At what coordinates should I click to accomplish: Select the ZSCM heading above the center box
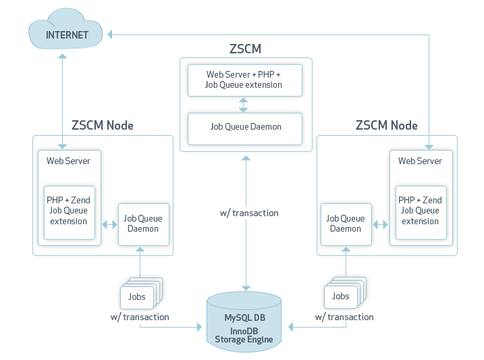(x=245, y=49)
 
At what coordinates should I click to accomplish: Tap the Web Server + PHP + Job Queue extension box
(x=244, y=80)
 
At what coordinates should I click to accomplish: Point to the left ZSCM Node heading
(x=103, y=126)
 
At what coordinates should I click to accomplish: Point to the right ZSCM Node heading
(x=386, y=126)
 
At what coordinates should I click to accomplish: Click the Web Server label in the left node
(x=68, y=161)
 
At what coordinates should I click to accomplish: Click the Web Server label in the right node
(x=420, y=161)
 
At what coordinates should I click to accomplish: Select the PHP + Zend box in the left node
(x=68, y=211)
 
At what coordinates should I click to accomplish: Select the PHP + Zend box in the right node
(x=420, y=211)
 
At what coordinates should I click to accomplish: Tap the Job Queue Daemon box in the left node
(x=141, y=224)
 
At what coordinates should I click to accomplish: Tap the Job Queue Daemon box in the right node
(x=346, y=224)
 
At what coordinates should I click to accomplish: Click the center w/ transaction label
(x=249, y=213)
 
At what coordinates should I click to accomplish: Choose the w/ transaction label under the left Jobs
(x=140, y=317)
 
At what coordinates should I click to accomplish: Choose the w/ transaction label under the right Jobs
(x=344, y=317)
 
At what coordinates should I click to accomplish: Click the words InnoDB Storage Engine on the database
(x=244, y=335)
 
